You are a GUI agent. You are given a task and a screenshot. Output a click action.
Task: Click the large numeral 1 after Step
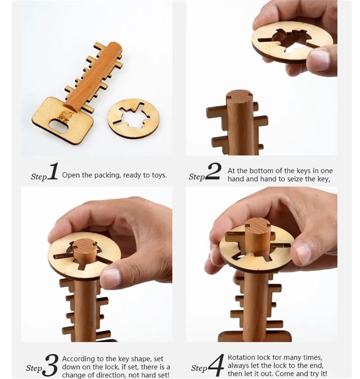[x=53, y=172]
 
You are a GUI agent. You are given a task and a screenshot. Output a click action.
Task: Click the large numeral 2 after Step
[x=213, y=172]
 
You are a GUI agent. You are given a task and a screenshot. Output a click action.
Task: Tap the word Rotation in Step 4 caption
[x=243, y=357]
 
